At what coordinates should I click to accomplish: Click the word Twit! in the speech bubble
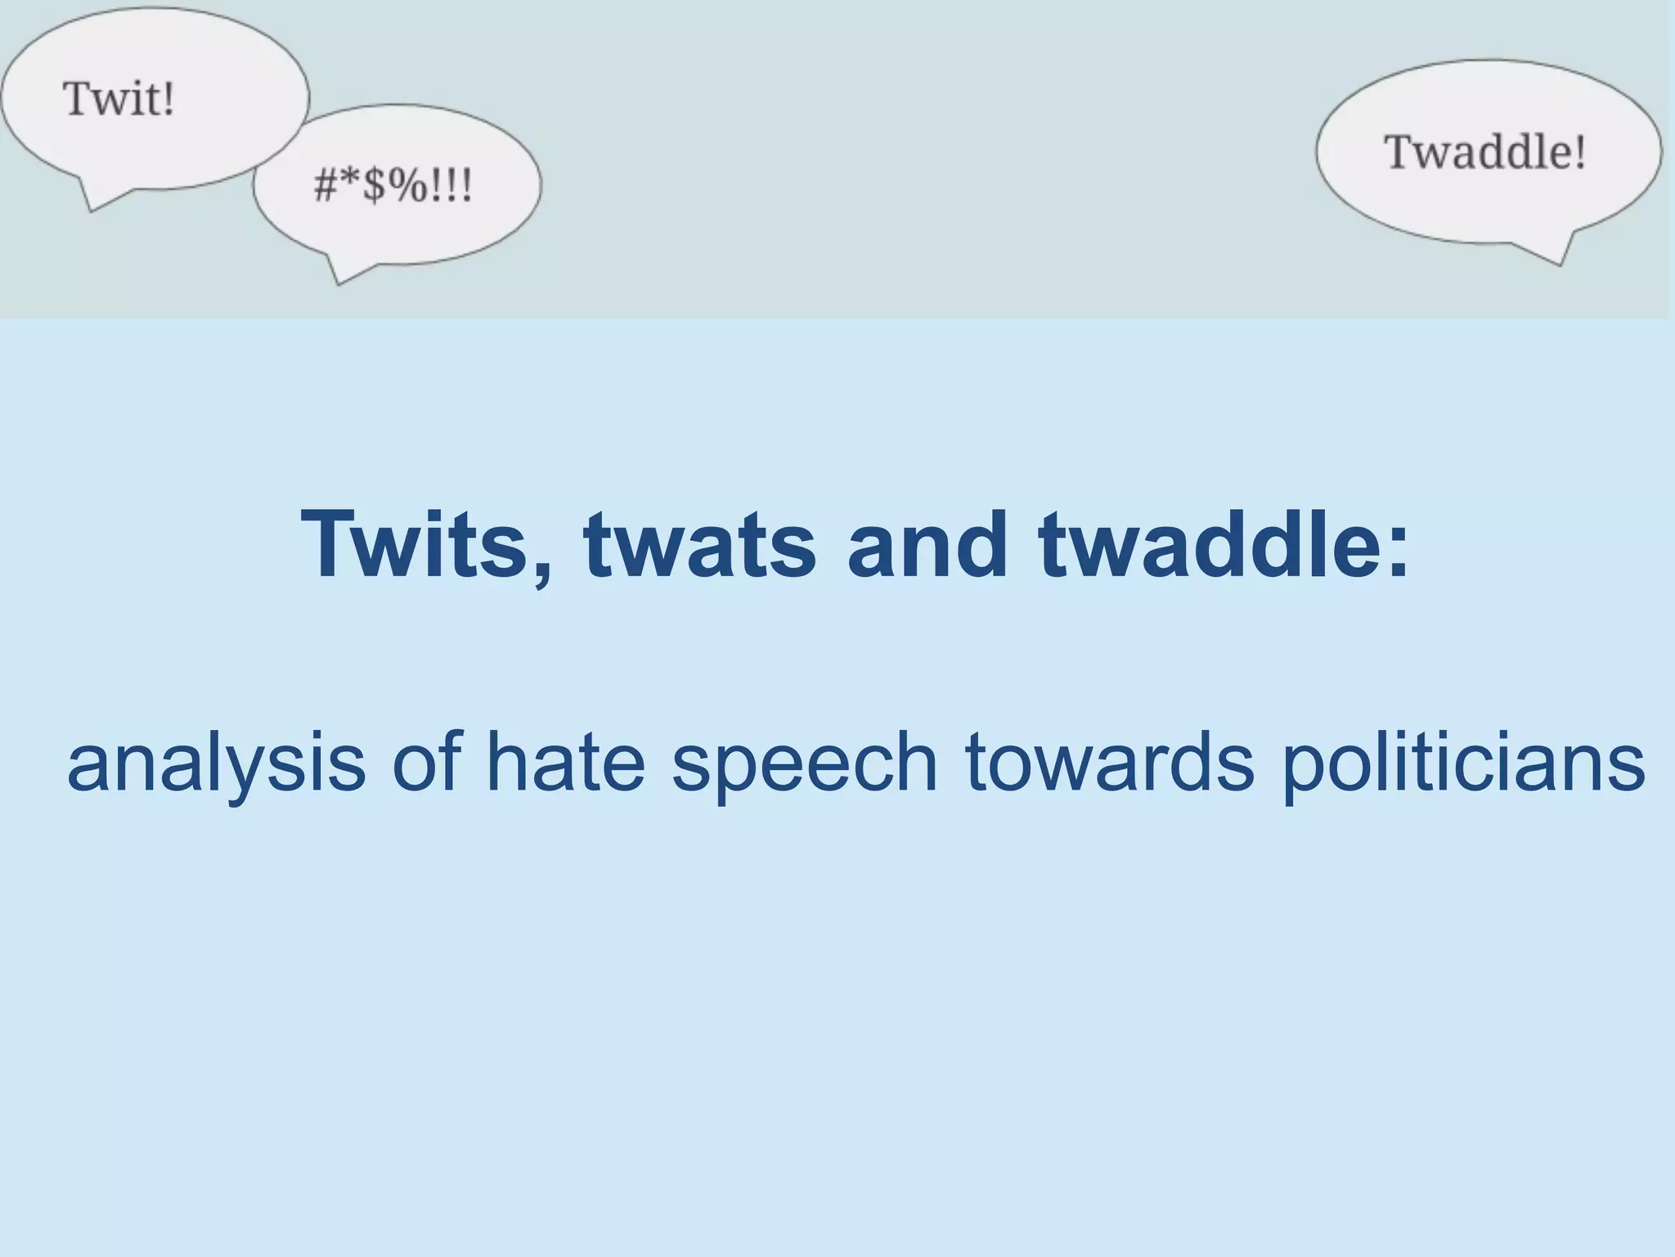(119, 99)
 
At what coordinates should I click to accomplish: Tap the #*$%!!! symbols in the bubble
(393, 186)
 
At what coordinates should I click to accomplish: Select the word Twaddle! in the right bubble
(1484, 152)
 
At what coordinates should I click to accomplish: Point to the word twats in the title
(699, 544)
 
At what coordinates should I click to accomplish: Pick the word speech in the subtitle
(804, 763)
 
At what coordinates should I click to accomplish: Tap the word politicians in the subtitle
(1462, 763)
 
